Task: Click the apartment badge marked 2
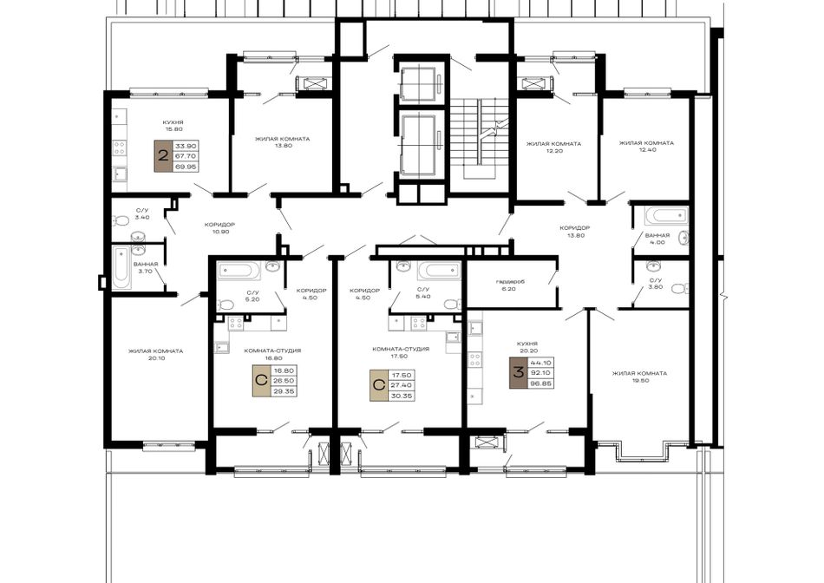(x=163, y=156)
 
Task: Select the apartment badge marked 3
(x=518, y=373)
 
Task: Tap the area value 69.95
(x=185, y=167)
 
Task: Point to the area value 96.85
(x=540, y=383)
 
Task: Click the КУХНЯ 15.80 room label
(x=173, y=125)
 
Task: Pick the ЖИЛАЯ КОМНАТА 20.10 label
(x=155, y=354)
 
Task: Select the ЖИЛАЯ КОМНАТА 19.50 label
(x=639, y=377)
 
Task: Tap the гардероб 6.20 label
(x=510, y=285)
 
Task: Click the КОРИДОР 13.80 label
(x=574, y=232)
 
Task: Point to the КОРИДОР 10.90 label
(x=219, y=227)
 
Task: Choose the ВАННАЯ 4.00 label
(x=657, y=239)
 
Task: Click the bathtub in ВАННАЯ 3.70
(x=121, y=267)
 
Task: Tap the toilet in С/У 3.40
(x=122, y=220)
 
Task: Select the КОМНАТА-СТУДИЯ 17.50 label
(x=401, y=352)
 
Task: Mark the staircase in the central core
(x=480, y=139)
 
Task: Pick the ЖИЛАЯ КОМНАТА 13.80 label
(x=282, y=142)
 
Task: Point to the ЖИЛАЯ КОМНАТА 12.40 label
(x=646, y=146)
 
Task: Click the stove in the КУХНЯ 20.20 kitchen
(x=475, y=360)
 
